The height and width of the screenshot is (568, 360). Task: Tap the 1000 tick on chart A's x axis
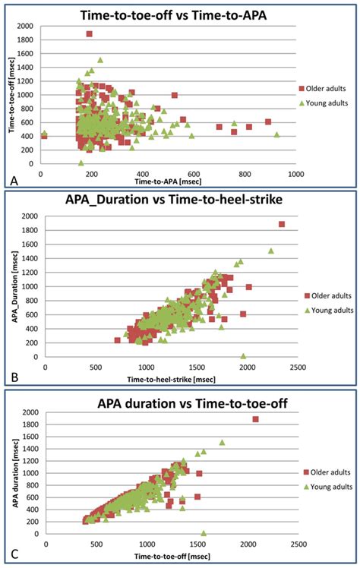click(295, 174)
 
